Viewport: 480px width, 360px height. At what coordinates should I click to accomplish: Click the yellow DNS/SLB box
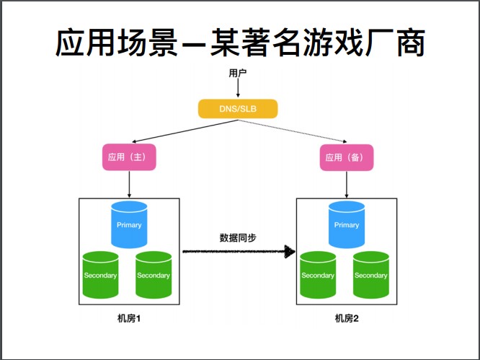coord(237,109)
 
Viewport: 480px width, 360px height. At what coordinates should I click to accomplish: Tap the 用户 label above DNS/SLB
coord(237,73)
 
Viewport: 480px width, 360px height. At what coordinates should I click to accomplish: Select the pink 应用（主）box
coord(129,158)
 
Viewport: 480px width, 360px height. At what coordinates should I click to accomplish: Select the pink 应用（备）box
coord(347,158)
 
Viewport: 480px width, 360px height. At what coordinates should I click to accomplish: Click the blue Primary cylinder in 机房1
coord(129,224)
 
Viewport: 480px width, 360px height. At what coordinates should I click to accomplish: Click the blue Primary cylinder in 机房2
coord(347,224)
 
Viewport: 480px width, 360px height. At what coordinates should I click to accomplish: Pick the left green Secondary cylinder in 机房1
coord(100,275)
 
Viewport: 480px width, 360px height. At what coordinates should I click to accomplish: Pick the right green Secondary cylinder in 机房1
coord(154,275)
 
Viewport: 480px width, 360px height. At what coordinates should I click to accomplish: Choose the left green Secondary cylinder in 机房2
coord(318,275)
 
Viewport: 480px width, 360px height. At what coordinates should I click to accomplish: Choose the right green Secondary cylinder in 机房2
coord(371,275)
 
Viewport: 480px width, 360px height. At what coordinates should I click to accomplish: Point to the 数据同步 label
coord(236,237)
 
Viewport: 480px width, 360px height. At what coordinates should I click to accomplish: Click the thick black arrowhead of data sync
coord(290,252)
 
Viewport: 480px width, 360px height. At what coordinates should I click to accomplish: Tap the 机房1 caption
coord(128,318)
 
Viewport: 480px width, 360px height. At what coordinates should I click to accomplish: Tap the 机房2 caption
coord(346,318)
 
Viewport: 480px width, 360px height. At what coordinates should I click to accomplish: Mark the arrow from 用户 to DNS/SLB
coord(237,88)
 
